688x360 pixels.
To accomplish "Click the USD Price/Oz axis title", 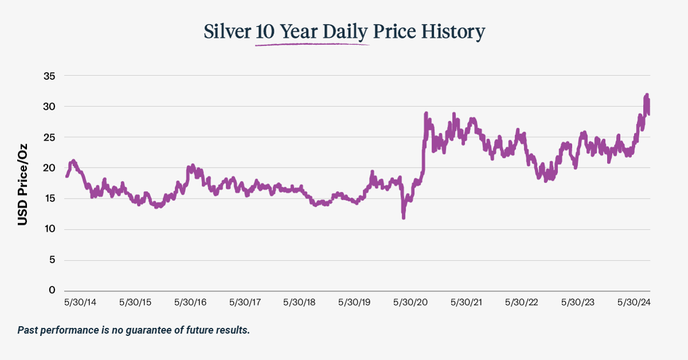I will (22, 184).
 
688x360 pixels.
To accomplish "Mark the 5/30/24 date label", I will (633, 302).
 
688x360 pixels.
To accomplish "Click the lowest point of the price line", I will (404, 218).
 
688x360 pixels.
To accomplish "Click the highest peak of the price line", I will (647, 95).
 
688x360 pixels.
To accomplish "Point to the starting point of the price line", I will (67, 176).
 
